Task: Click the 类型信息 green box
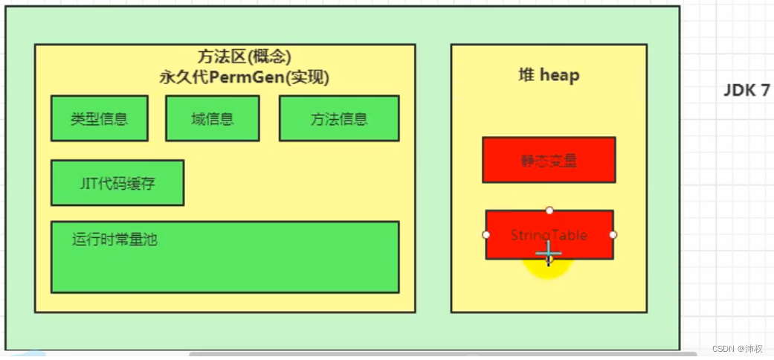[99, 118]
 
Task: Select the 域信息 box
[212, 118]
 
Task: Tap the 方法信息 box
[338, 118]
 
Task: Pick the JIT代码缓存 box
[117, 182]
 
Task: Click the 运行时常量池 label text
[115, 240]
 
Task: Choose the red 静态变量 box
[549, 160]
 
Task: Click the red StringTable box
[549, 234]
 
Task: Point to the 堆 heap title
[549, 75]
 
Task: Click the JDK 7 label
[746, 91]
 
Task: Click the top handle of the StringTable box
[549, 210]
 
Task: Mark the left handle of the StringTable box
[486, 234]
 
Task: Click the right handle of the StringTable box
[613, 234]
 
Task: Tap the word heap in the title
[559, 75]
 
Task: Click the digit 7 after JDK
[765, 91]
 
